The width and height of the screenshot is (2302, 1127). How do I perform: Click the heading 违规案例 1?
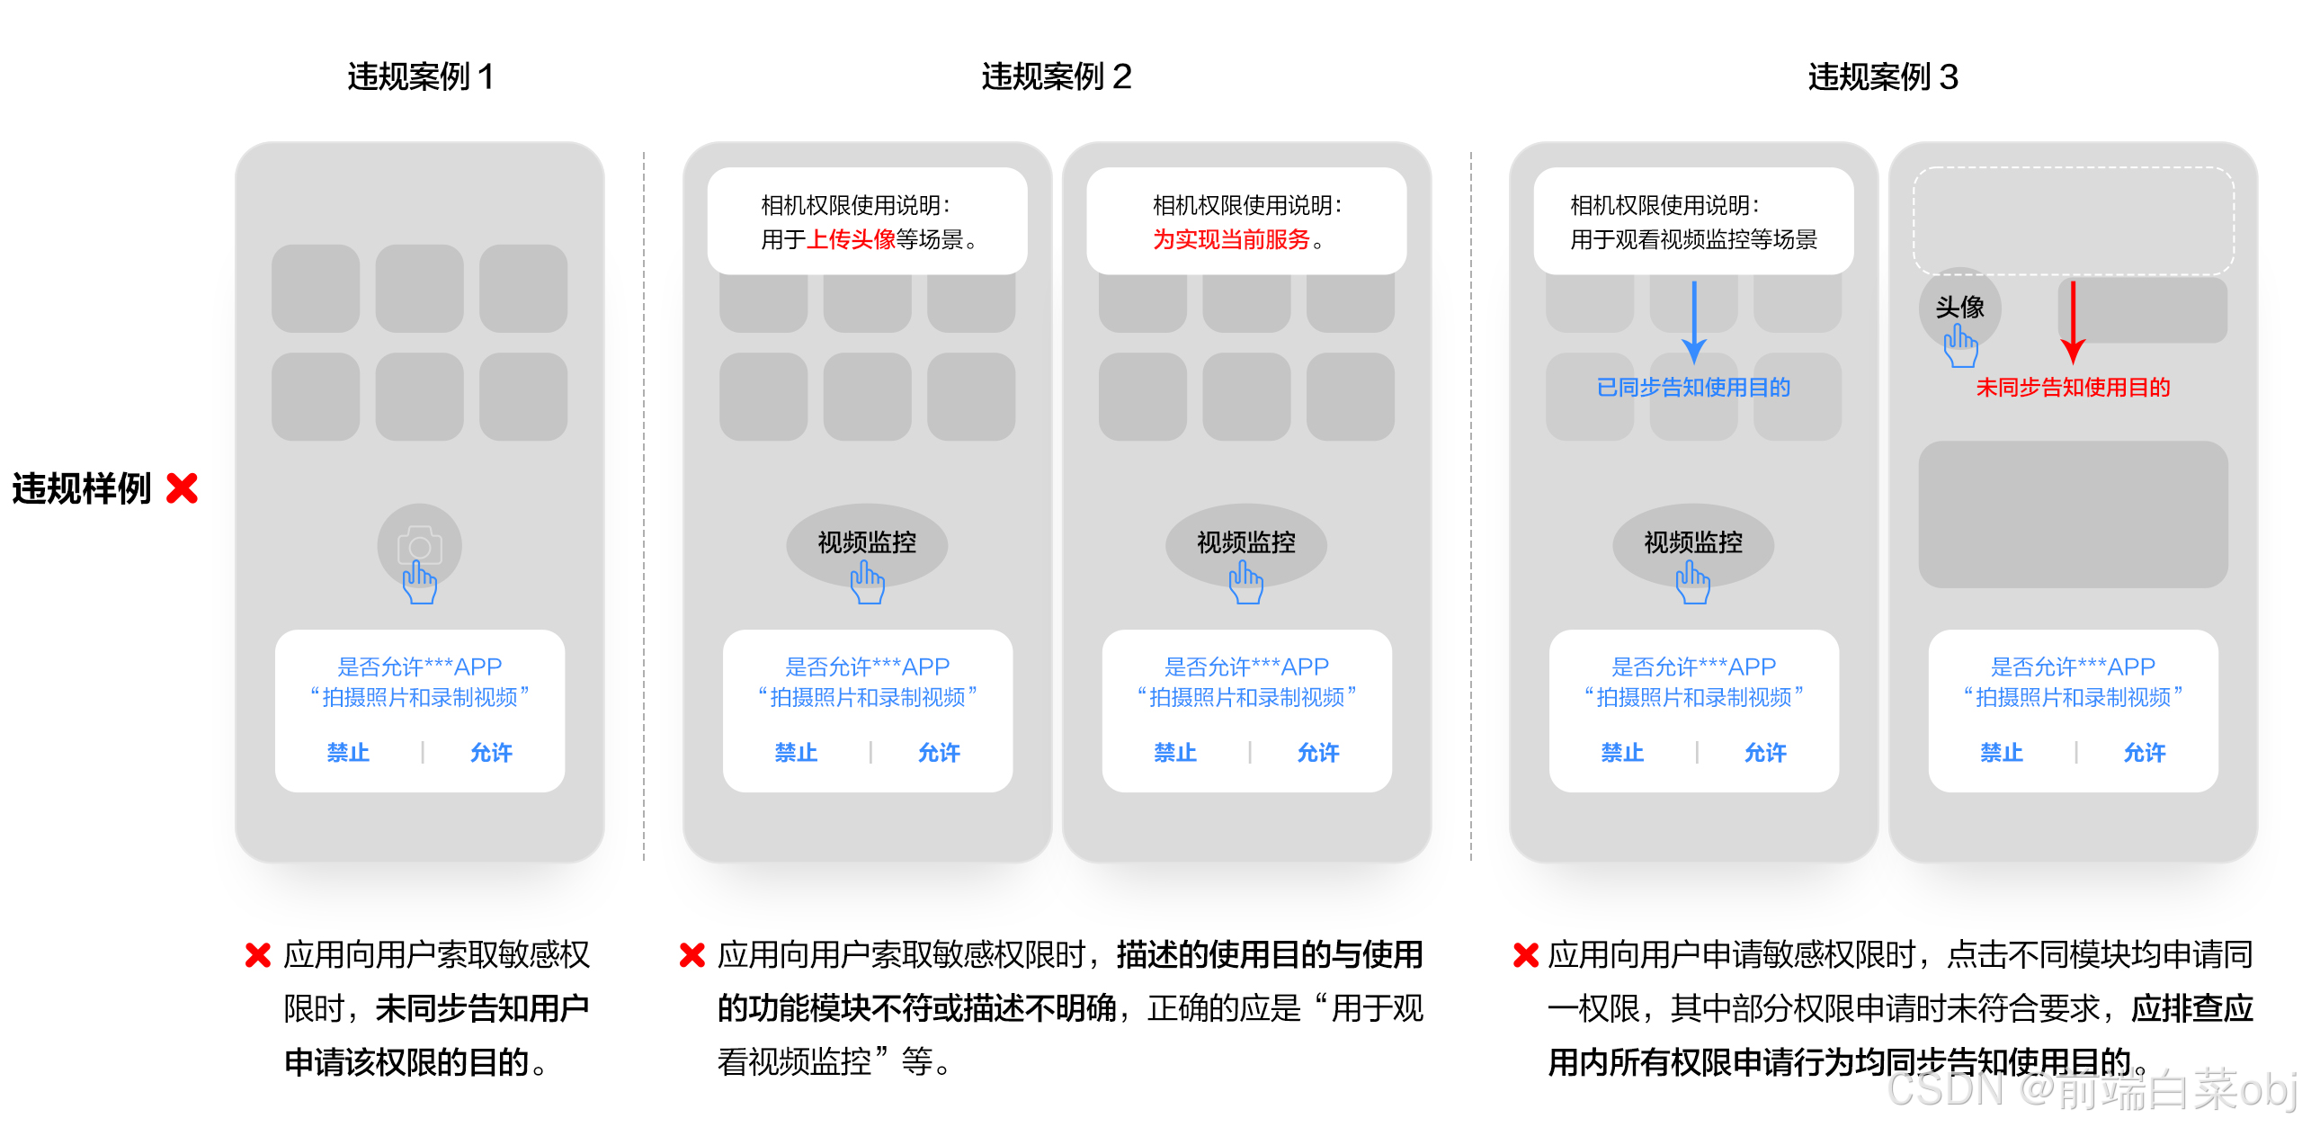[420, 77]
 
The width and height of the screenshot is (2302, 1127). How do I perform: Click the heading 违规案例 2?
[1056, 77]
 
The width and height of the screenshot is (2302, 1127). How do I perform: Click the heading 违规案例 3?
[1883, 77]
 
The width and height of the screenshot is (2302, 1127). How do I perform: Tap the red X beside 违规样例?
[183, 488]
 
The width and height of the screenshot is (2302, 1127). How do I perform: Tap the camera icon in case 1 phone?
[419, 545]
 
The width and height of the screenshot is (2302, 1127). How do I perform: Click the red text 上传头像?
[851, 239]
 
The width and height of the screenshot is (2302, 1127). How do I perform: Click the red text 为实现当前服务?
[1230, 239]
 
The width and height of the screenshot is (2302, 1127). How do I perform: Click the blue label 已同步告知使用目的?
[1693, 388]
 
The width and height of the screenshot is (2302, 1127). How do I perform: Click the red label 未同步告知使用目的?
[2073, 388]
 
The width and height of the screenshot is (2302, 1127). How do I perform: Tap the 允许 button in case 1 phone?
[491, 753]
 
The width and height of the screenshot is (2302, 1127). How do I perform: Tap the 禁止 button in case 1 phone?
[348, 753]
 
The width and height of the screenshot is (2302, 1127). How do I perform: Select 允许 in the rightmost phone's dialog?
[2145, 753]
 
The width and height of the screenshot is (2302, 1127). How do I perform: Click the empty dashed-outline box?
[2073, 220]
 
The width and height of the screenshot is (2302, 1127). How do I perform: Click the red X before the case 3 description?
[1526, 955]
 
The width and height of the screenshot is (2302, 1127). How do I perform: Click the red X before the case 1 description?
[258, 955]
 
